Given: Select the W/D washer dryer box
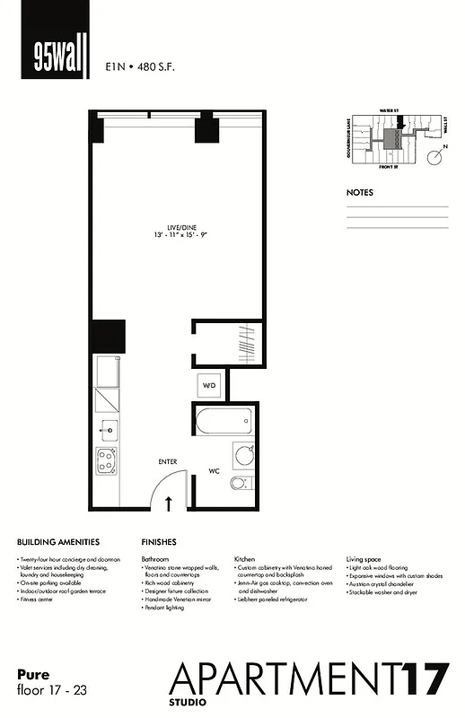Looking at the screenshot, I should [x=208, y=385].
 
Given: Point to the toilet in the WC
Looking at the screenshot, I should [x=240, y=484].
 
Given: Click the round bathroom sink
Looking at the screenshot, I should [x=243, y=455].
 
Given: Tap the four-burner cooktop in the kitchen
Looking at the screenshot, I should [x=108, y=462].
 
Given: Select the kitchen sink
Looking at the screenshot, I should [x=108, y=429].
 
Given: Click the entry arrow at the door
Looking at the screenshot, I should [x=169, y=503].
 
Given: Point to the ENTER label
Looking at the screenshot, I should [x=168, y=461].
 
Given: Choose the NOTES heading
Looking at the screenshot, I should [x=360, y=192].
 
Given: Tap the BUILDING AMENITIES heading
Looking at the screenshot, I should [x=57, y=542].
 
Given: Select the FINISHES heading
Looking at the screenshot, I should [x=159, y=542].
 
